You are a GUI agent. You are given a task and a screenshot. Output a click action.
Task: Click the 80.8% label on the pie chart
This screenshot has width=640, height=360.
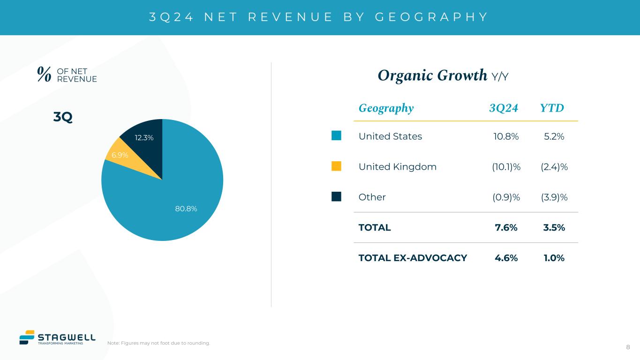click(186, 209)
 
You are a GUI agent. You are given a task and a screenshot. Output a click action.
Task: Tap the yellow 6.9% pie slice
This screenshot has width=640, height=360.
click(117, 154)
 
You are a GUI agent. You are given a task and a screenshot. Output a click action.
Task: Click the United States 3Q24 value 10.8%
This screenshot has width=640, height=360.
click(506, 136)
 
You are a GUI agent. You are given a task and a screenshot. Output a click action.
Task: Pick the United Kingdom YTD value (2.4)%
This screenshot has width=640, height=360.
click(554, 167)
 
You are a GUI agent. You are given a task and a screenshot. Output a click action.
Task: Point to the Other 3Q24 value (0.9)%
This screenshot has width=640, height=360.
click(506, 197)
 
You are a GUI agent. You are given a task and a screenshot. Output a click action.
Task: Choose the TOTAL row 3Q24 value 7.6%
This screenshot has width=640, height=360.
click(506, 228)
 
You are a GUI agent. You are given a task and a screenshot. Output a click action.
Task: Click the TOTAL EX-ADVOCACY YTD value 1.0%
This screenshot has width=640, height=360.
click(553, 258)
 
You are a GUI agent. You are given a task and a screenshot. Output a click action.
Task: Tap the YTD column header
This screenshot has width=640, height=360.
click(552, 108)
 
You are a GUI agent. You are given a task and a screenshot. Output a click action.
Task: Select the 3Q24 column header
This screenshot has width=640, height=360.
click(504, 108)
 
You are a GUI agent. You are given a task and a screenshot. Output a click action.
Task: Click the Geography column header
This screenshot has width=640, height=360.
click(386, 108)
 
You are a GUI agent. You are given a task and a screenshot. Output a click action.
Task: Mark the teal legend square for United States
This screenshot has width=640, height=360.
click(336, 136)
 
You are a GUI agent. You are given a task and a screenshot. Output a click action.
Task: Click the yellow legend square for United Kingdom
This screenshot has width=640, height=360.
click(336, 166)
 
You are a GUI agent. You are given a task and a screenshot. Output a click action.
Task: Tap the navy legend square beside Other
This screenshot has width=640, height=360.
click(336, 197)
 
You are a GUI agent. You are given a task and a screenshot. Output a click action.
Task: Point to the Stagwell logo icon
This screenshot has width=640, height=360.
click(27, 337)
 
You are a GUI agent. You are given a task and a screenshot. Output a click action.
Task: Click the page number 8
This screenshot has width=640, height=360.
click(628, 347)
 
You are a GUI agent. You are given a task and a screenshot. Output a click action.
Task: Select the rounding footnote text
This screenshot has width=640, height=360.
click(158, 343)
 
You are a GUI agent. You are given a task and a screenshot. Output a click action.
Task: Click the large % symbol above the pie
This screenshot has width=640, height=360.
click(44, 75)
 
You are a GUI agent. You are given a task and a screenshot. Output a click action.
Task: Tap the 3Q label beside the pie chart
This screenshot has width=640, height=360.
click(63, 117)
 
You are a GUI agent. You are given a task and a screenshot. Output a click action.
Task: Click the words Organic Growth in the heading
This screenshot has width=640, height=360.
click(432, 75)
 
